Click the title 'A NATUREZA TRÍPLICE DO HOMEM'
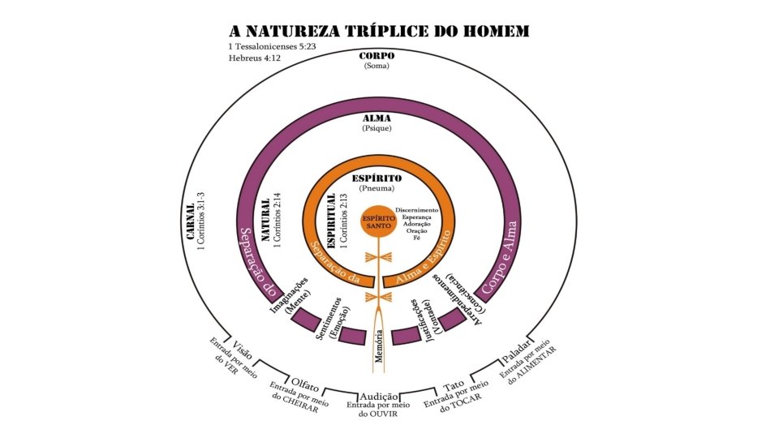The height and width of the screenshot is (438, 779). click(380, 31)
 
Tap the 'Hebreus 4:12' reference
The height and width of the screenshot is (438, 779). click(253, 59)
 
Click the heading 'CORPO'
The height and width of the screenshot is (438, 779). click(377, 56)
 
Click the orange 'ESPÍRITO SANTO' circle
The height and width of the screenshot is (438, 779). click(377, 224)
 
